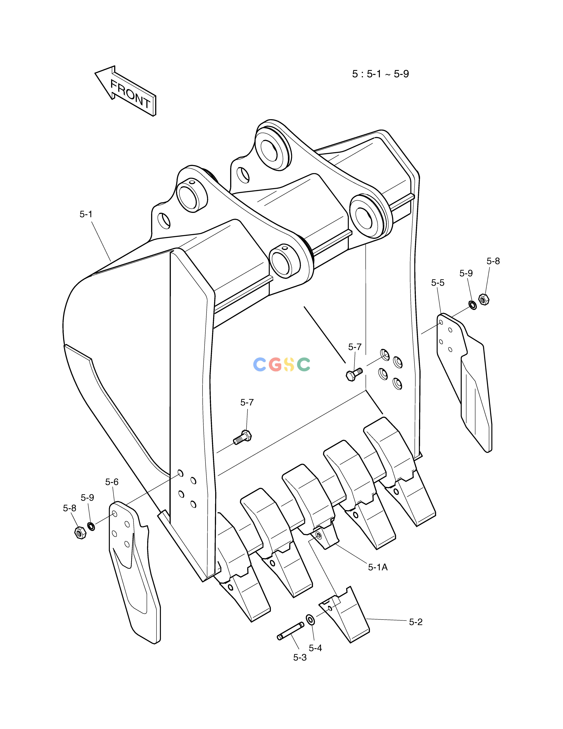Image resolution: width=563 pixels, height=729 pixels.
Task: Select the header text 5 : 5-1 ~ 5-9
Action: click(x=380, y=74)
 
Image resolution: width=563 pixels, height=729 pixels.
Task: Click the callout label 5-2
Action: click(x=416, y=622)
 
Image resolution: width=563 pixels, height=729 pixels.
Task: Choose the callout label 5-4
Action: click(x=315, y=648)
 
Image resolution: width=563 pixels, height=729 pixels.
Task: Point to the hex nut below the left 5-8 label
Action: click(x=80, y=532)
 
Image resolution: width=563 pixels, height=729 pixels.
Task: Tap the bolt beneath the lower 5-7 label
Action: click(x=242, y=437)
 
